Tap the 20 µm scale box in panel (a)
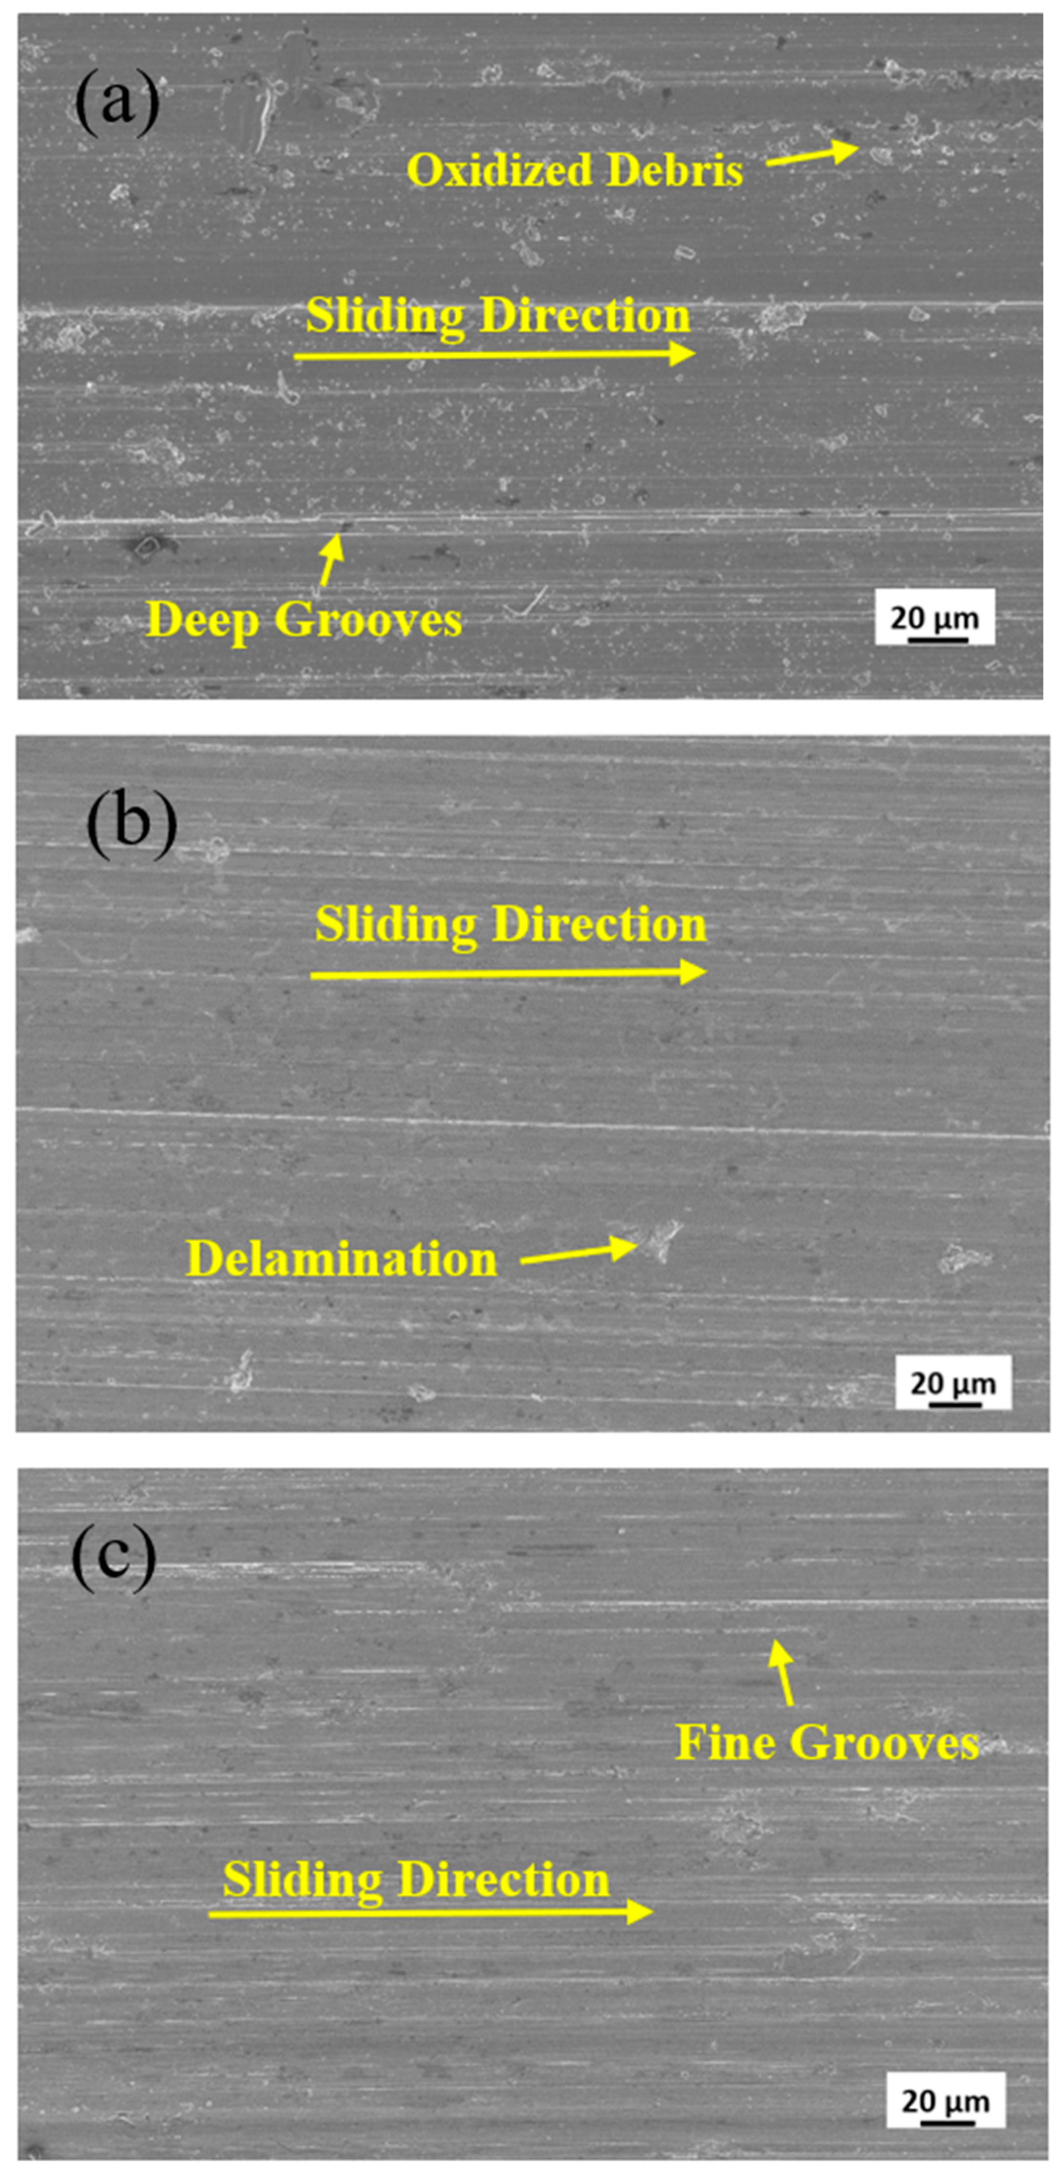coord(935,618)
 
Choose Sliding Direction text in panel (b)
coord(511,924)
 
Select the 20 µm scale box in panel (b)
coord(953,1384)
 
